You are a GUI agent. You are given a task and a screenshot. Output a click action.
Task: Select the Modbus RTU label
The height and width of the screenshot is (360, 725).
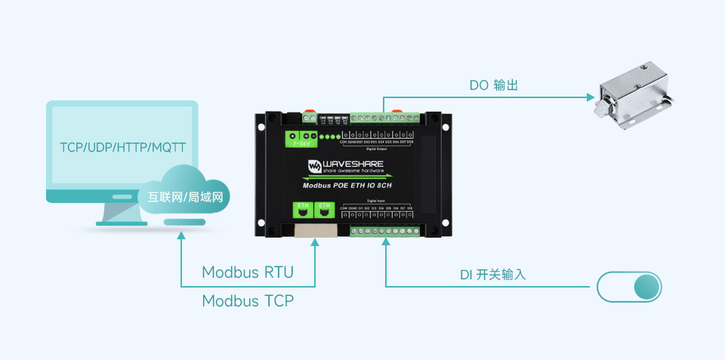[x=248, y=272]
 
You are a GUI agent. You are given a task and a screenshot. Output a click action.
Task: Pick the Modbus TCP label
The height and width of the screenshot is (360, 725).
[x=248, y=301]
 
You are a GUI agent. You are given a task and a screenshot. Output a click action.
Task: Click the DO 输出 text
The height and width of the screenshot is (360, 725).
[x=494, y=85]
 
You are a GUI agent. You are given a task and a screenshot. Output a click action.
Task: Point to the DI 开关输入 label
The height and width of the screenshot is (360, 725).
[x=492, y=275]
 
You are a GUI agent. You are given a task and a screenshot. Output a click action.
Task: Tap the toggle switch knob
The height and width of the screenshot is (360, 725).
[x=646, y=288]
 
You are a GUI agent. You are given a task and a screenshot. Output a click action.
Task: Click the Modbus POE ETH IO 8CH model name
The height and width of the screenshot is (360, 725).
[x=347, y=183]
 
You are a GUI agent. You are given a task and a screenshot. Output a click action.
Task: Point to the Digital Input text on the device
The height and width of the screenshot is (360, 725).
[x=387, y=201]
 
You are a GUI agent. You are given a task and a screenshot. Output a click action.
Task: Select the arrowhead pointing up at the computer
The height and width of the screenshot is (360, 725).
[x=181, y=236]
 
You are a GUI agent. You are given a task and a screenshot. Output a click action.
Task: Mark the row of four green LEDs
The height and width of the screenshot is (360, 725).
[x=330, y=137]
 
